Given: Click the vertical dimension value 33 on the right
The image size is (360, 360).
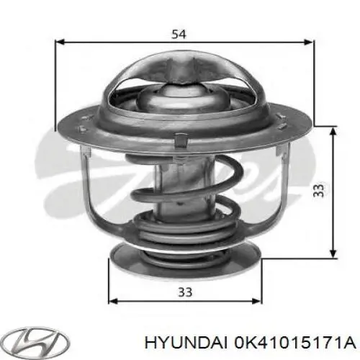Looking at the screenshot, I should click(x=318, y=189).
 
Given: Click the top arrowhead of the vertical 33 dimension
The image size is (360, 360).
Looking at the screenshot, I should click(x=333, y=131).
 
